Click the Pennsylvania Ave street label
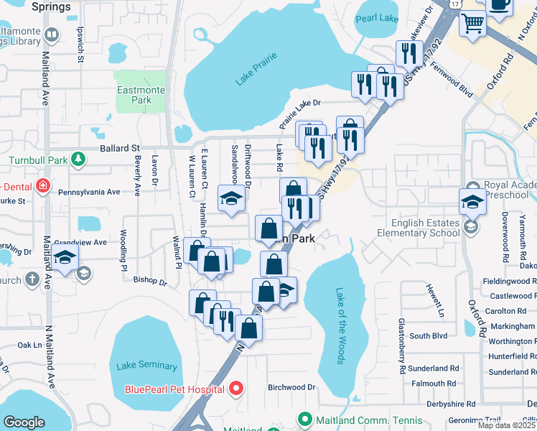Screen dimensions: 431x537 point(88,193)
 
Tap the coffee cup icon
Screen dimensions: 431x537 point(500,4)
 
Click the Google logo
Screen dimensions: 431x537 point(24,422)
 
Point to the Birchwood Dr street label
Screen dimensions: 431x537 point(291,387)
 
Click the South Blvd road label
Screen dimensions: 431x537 point(429,335)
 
